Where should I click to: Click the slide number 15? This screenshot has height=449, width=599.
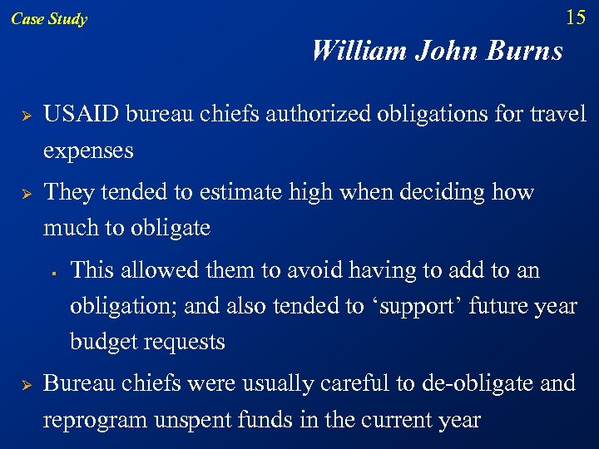(575, 17)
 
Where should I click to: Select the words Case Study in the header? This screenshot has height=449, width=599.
(49, 19)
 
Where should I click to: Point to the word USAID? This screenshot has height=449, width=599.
(78, 114)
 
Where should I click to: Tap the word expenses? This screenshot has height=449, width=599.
(88, 151)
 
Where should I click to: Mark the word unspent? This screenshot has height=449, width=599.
(189, 420)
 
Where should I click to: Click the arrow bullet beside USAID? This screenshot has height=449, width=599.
(26, 115)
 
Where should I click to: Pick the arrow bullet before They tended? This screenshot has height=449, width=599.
(26, 193)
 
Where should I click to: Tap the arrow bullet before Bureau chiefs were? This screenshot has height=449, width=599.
(26, 384)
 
